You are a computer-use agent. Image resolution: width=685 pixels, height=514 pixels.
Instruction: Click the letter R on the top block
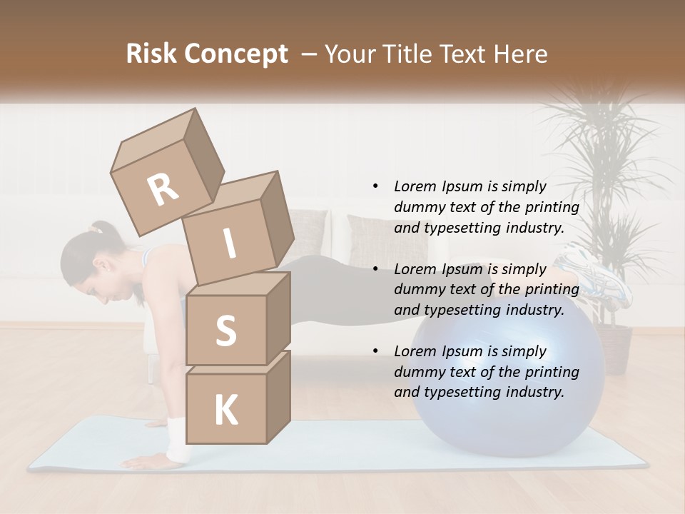[163, 190]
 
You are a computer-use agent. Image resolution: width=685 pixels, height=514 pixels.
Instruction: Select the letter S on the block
[225, 331]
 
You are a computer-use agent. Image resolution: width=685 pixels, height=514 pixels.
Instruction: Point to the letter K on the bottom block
[225, 410]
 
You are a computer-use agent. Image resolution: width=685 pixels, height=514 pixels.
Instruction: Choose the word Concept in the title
[235, 54]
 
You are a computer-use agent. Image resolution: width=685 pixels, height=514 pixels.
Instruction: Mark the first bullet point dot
[375, 186]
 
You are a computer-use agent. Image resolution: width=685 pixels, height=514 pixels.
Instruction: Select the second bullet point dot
[375, 269]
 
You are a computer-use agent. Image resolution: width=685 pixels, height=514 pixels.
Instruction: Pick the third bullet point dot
[375, 351]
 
